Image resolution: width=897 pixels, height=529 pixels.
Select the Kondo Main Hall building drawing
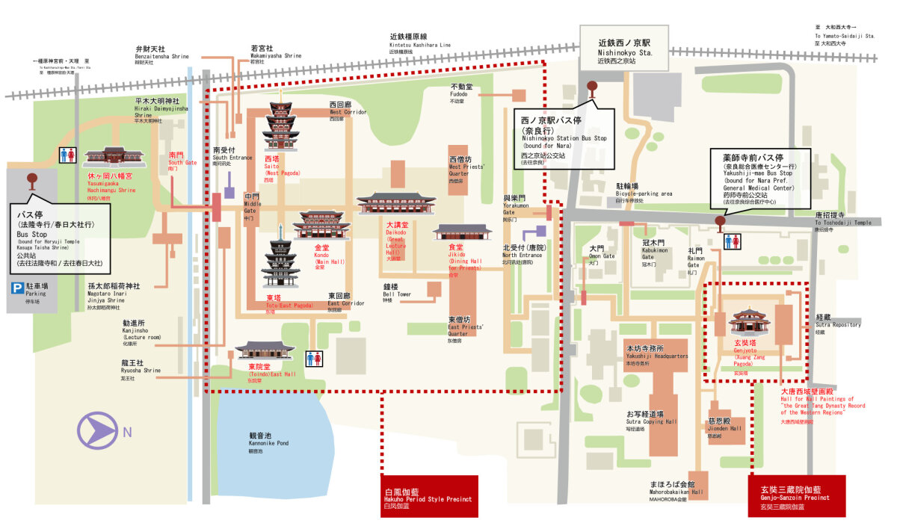click(x=321, y=224)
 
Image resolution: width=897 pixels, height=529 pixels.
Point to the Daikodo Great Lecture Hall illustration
click(x=395, y=203)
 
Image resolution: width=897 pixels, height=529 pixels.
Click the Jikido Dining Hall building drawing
click(x=463, y=232)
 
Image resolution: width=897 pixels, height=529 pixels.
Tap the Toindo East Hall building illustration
click(x=265, y=350)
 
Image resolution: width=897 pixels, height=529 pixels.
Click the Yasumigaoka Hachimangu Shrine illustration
click(x=114, y=157)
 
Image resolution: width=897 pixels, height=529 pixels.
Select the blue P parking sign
click(x=16, y=288)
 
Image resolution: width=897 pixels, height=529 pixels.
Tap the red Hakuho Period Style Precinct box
click(x=429, y=496)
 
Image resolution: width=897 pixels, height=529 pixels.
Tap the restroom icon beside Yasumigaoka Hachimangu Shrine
click(x=67, y=155)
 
